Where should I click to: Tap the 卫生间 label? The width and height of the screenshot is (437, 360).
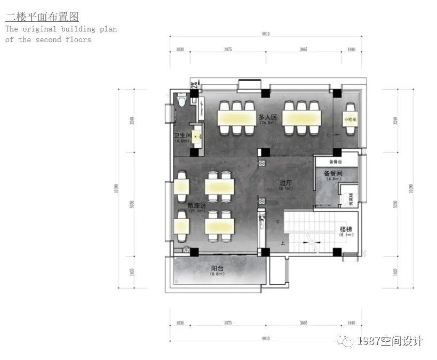pos(182,137)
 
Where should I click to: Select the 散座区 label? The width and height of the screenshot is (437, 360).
pos(196,205)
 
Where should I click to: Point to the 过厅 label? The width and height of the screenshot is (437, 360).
pos(285,183)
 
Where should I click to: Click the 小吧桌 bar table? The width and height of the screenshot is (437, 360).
pos(351,119)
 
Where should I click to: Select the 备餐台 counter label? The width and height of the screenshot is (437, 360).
pos(335,161)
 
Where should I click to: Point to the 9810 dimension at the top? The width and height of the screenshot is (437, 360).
pos(266,34)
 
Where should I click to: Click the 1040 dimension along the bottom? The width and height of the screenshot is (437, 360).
pos(351,323)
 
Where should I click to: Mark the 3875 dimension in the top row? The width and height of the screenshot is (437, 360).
pos(228,49)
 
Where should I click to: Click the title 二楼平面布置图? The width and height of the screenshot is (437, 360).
pos(42,18)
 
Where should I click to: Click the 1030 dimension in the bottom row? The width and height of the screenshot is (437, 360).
pos(180,323)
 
